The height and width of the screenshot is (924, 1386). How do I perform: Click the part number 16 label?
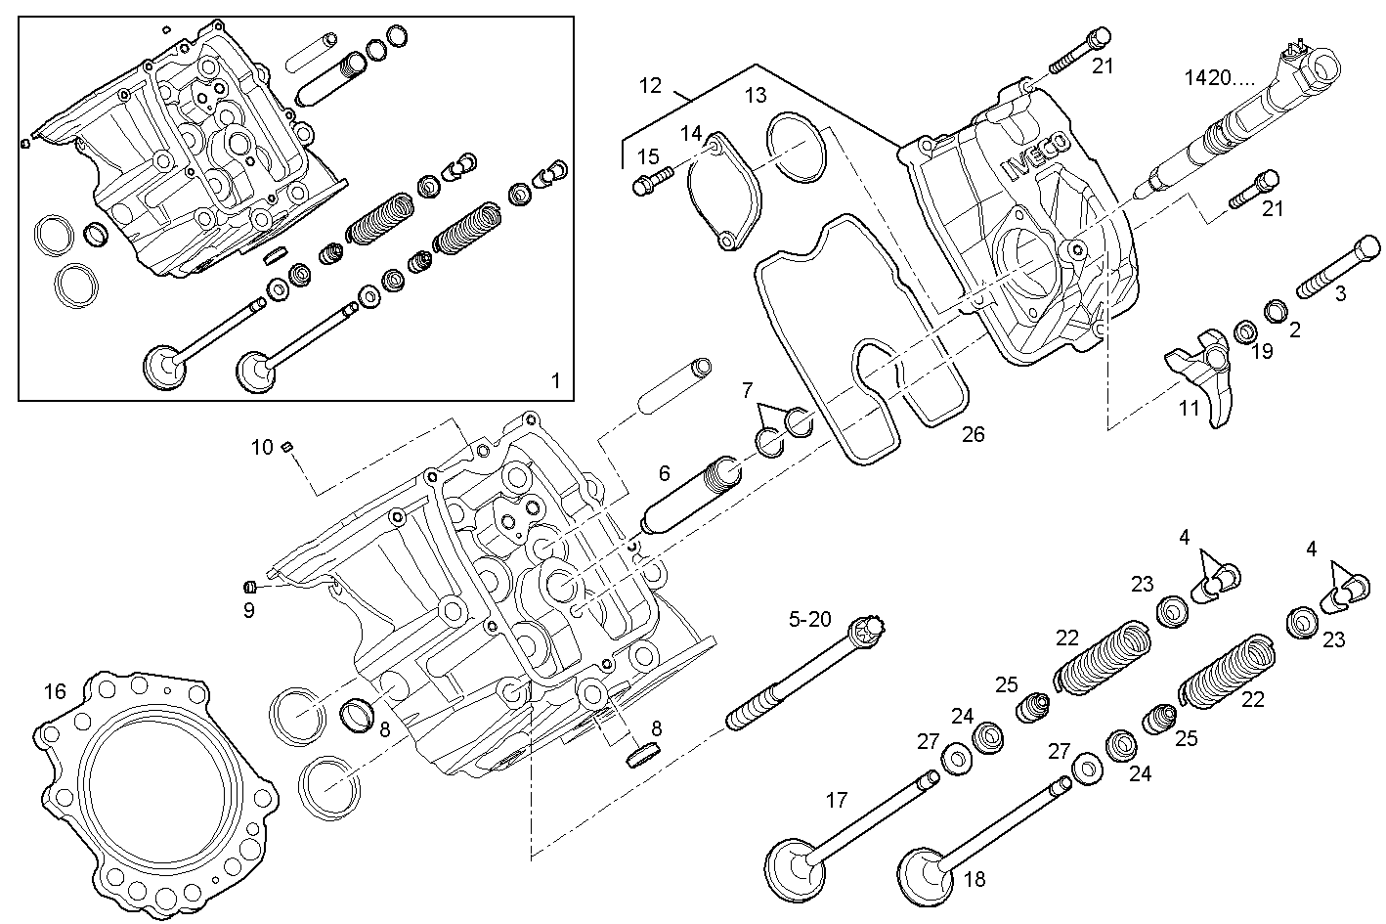(55, 692)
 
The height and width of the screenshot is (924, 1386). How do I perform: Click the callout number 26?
(973, 434)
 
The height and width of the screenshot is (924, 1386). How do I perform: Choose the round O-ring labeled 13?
(797, 147)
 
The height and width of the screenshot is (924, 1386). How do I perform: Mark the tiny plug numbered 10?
(287, 447)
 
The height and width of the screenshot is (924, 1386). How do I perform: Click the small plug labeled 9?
(249, 587)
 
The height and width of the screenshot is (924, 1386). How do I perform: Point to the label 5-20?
(810, 618)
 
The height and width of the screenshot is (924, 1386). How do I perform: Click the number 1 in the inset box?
(556, 380)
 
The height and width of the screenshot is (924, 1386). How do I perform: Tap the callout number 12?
(651, 85)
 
